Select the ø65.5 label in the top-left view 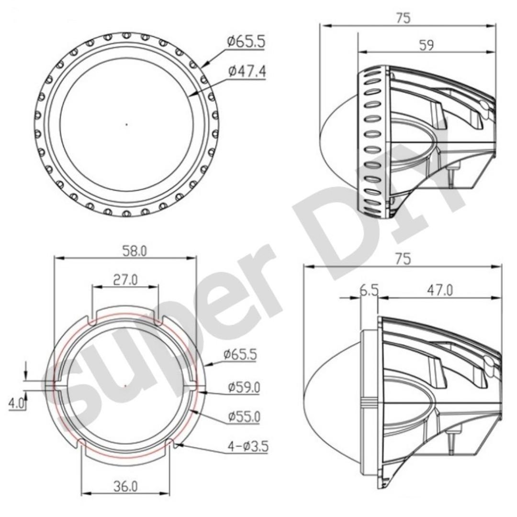[246, 42]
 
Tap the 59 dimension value [426, 45]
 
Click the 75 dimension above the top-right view [403, 18]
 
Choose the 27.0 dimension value [125, 280]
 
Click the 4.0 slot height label [16, 403]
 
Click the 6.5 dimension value [369, 290]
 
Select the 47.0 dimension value [439, 290]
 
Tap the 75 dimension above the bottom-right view [403, 258]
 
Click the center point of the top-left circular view [126, 124]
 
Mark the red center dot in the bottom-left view [125, 385]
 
